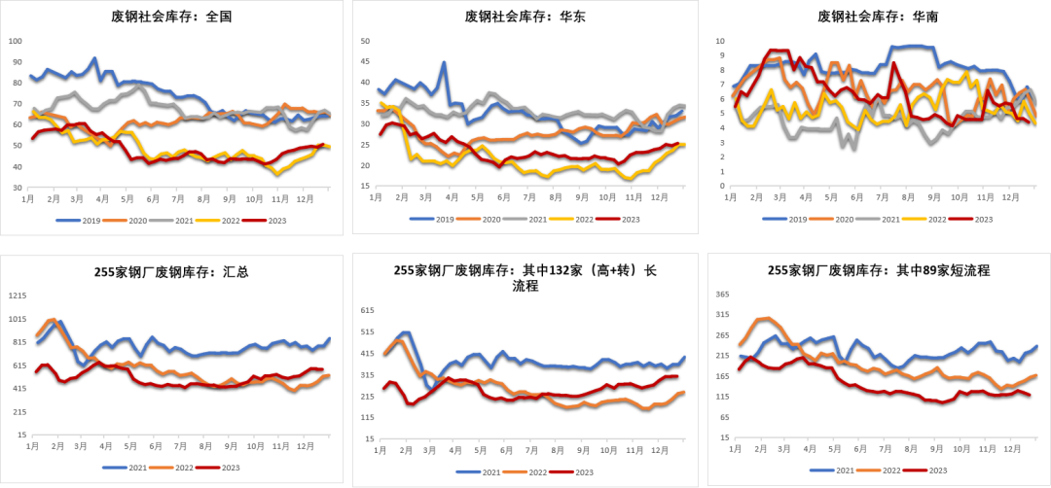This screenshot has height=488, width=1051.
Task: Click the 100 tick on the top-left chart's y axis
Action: click(15, 41)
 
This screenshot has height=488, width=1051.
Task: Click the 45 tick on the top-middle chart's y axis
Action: click(366, 62)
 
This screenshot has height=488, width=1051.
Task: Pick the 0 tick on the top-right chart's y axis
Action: click(722, 186)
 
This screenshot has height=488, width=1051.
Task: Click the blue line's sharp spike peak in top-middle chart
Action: click(444, 62)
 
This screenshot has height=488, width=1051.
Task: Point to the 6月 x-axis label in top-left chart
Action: click(153, 198)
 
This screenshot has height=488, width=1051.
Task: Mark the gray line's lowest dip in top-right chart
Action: click(854, 148)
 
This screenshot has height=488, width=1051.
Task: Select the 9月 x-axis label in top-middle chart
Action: click(582, 198)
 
